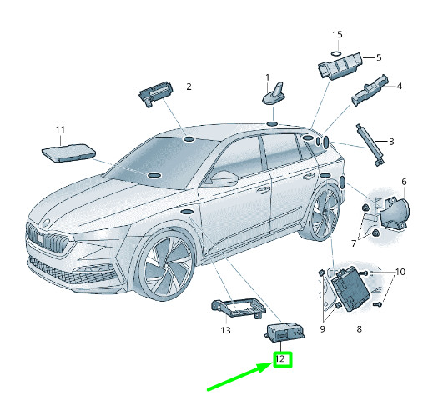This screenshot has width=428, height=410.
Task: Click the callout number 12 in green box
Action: point(281,360)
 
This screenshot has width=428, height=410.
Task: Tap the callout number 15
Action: point(337,35)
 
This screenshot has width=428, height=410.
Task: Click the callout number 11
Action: point(59,129)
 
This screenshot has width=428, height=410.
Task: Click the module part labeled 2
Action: point(154,89)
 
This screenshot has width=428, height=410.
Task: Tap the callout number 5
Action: point(378,57)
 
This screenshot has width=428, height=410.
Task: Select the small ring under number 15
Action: point(336,52)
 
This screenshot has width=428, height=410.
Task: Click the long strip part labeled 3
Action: point(370,142)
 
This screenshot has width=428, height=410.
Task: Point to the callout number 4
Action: point(399,86)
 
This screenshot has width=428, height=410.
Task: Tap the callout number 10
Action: point(400,272)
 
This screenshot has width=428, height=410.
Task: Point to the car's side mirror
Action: point(224,178)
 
